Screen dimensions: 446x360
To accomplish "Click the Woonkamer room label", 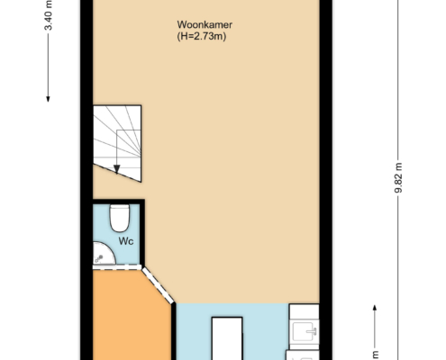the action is [x=205, y=24].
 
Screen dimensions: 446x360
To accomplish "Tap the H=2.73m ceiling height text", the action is [x=202, y=36].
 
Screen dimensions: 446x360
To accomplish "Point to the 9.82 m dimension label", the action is [x=398, y=178].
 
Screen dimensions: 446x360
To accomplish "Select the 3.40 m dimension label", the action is [x=48, y=15].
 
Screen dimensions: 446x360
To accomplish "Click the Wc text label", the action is [x=126, y=241].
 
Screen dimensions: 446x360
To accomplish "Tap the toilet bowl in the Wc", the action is [x=120, y=218].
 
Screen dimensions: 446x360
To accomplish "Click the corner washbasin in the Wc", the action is [x=103, y=254].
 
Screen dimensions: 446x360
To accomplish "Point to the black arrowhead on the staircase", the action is [x=117, y=169].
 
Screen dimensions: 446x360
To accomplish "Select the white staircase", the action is [x=117, y=143].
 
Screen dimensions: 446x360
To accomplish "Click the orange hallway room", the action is [x=132, y=315].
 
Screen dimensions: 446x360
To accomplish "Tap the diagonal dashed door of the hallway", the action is [x=158, y=285].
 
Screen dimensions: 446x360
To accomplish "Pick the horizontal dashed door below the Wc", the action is [x=117, y=267].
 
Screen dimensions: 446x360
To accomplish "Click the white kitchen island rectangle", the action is [x=227, y=338].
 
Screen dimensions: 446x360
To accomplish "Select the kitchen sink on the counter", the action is [x=305, y=331].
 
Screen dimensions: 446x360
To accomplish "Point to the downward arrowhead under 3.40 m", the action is [x=48, y=99].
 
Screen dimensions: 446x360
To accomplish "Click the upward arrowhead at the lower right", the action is [x=375, y=308].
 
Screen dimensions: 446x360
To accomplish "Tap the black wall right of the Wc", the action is [x=142, y=232].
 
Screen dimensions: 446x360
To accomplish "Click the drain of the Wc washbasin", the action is [x=99, y=258].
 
